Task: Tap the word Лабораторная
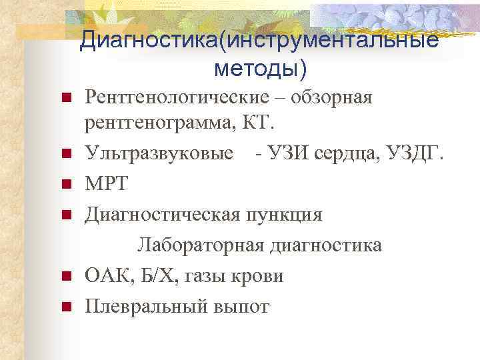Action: click(x=200, y=245)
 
